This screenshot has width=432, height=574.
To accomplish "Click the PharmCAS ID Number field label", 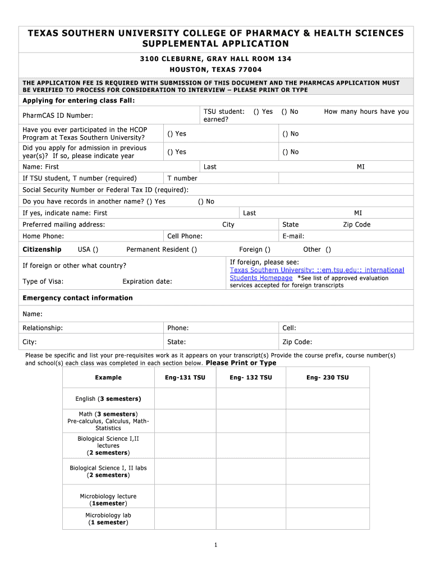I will click(x=58, y=115).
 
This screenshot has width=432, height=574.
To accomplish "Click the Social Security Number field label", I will click(x=105, y=189).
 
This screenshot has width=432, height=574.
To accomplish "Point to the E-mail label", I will click(x=293, y=236).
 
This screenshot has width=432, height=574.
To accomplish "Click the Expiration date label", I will click(x=147, y=281).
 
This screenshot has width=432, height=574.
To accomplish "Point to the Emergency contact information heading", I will click(x=77, y=298).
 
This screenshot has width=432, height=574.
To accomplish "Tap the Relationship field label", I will click(x=43, y=328).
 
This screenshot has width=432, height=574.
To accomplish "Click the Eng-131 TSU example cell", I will click(x=185, y=377).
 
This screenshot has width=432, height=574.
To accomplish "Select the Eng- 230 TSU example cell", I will click(x=327, y=377).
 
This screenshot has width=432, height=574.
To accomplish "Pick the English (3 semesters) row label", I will click(x=108, y=399).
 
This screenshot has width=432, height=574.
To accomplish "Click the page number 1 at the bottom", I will click(x=216, y=545).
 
